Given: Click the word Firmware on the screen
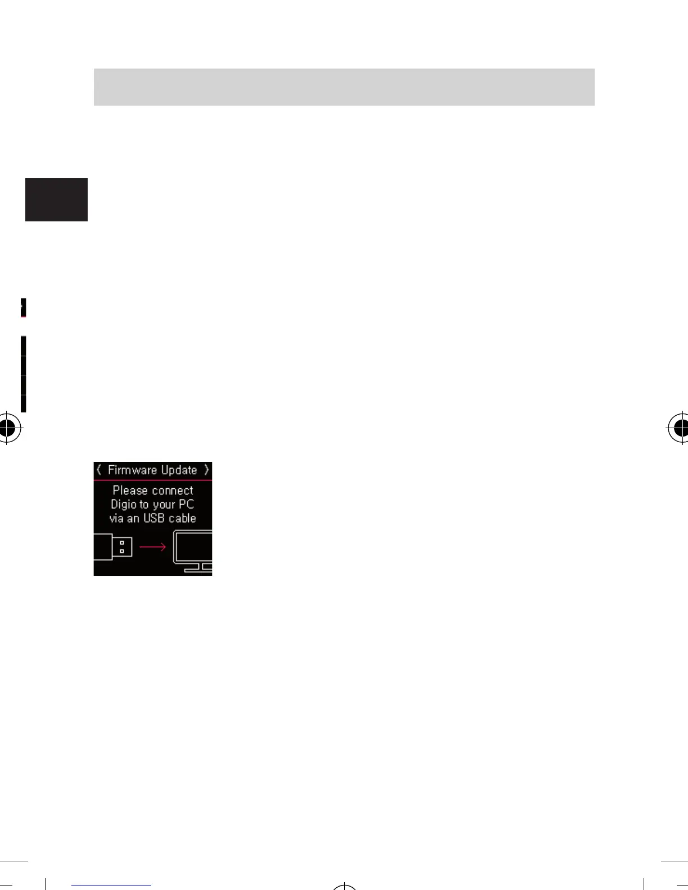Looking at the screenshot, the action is click(132, 470).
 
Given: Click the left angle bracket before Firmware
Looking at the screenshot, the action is click(99, 470).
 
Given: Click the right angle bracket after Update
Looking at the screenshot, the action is click(206, 470).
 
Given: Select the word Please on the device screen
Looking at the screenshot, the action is click(130, 491).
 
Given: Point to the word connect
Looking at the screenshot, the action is click(173, 491).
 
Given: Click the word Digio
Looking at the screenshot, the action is click(123, 505).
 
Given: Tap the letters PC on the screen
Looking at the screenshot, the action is click(186, 505).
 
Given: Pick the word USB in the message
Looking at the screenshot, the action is click(154, 518).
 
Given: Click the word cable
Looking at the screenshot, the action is click(182, 518).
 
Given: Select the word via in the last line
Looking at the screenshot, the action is click(116, 518).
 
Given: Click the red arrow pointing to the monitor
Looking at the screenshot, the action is click(153, 547).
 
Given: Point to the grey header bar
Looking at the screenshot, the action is click(344, 87).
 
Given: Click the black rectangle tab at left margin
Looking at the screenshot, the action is click(56, 199).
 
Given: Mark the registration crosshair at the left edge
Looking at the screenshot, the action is click(7, 428).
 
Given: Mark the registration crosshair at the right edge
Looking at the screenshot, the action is click(680, 428).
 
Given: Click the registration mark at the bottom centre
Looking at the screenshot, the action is click(344, 886).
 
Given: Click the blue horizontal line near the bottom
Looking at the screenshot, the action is click(111, 886).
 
